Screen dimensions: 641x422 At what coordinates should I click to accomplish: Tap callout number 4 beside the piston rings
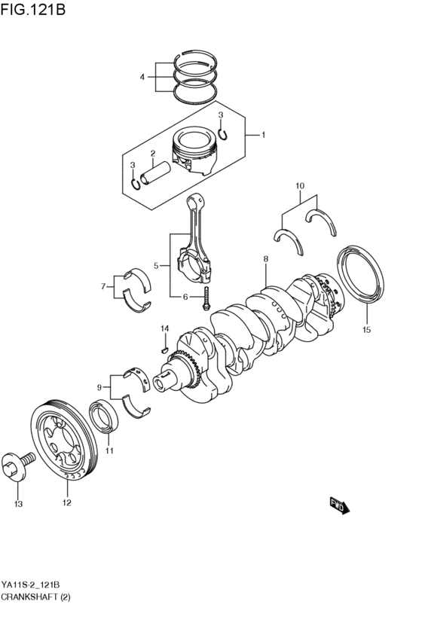(x=142, y=77)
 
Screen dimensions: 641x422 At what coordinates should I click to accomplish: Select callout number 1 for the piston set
(x=262, y=136)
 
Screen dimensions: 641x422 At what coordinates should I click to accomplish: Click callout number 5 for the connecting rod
(x=156, y=265)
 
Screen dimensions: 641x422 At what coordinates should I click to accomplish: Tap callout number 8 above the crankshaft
(x=266, y=259)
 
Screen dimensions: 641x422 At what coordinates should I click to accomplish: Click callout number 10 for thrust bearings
(x=299, y=185)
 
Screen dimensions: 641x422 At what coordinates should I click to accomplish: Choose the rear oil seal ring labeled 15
(x=359, y=279)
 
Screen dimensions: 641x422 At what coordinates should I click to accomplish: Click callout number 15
(x=366, y=329)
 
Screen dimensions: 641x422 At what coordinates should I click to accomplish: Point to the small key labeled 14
(x=164, y=347)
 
